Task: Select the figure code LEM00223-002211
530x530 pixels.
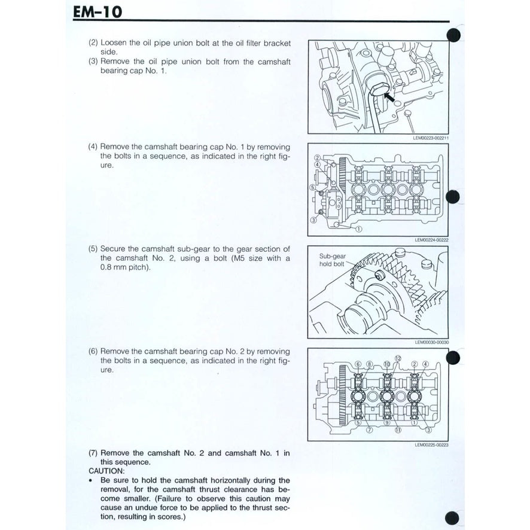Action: click(430, 137)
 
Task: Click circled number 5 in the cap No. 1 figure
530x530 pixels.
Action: click(312, 187)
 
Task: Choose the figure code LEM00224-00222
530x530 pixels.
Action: click(431, 240)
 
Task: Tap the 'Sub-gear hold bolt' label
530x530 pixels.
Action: click(333, 260)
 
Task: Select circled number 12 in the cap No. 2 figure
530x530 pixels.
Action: click(397, 358)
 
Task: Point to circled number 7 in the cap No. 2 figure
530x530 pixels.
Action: click(369, 430)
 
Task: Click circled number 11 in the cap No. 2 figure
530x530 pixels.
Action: click(397, 430)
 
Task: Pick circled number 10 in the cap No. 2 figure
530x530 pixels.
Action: click(386, 364)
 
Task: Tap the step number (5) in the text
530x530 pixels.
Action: click(93, 248)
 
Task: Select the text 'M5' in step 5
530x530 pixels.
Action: click(252, 258)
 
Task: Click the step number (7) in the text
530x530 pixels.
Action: click(93, 453)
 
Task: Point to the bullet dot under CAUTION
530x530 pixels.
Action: click(90, 480)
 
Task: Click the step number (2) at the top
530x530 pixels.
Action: click(93, 43)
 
